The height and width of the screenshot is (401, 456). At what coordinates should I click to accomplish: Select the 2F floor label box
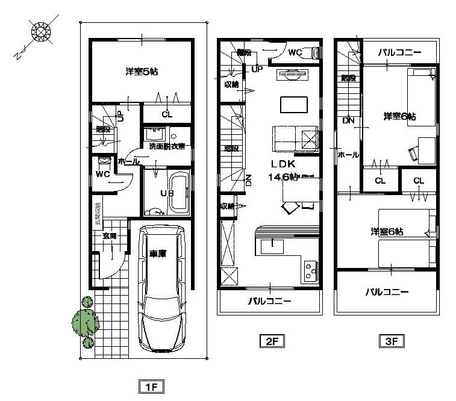click(271, 341)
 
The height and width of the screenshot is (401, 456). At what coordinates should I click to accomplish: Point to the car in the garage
click(161, 288)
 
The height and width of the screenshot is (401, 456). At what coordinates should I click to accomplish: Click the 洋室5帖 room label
click(142, 72)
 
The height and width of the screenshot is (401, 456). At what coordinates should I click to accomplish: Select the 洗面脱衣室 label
click(167, 146)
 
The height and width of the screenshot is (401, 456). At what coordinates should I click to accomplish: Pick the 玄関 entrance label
click(109, 235)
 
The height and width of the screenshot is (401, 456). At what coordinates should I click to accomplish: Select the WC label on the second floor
click(295, 52)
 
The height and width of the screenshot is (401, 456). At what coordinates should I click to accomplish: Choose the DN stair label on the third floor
click(348, 120)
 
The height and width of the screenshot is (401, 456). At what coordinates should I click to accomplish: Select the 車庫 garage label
click(158, 253)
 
